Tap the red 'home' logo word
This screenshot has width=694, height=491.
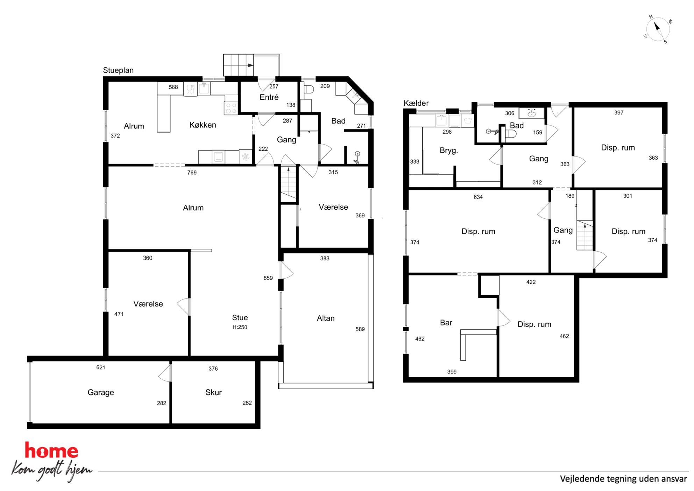point(51,450)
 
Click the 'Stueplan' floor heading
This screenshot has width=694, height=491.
point(118,70)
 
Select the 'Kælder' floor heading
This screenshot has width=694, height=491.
point(416,103)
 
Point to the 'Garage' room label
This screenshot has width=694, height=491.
point(101,393)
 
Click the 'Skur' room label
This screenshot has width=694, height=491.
point(213,392)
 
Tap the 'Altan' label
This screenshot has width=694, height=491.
point(326,318)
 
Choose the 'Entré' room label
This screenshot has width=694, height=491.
point(269,97)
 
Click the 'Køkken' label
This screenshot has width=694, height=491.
point(203,125)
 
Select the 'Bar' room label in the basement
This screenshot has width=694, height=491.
point(446,323)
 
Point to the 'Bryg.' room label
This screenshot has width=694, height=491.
point(449,150)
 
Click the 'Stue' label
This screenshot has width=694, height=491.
point(240,317)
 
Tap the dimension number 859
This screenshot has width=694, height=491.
point(268,278)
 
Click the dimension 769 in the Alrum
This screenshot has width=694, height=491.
point(192,173)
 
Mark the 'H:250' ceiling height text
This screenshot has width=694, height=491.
point(240,327)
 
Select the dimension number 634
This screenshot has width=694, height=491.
point(478,197)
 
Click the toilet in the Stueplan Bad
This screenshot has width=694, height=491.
point(308,90)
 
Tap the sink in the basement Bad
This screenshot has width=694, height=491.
point(532,113)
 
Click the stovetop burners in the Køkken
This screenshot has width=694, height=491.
point(231,108)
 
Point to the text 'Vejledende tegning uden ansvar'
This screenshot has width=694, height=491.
point(623,479)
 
